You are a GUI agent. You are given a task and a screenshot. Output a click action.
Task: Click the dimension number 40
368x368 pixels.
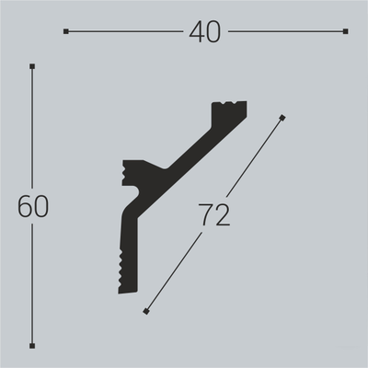point(206,32)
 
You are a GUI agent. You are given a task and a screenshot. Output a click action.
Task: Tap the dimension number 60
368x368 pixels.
point(32,207)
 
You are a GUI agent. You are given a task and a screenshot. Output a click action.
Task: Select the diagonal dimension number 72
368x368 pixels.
point(213,214)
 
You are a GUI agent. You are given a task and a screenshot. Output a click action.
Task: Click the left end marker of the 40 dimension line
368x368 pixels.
point(66,31)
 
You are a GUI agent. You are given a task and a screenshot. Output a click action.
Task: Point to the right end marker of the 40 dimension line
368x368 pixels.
point(345,31)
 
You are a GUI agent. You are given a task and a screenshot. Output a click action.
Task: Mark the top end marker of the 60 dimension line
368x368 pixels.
point(32,66)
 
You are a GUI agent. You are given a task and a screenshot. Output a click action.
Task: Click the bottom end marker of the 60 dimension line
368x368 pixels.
point(32,346)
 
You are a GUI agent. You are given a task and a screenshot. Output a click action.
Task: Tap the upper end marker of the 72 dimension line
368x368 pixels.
point(282,117)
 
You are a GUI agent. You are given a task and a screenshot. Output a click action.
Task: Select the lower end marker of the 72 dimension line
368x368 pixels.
point(146,313)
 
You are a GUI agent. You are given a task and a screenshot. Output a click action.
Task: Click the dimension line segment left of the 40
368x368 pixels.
point(124,31)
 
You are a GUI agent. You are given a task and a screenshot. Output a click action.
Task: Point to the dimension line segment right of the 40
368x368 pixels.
point(285,31)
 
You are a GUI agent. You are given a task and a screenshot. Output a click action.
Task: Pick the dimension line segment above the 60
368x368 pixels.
point(32,129)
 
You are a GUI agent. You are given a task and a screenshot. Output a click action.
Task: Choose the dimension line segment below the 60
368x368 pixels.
point(32,285)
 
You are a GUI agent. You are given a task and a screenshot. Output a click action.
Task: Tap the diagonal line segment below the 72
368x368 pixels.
point(175,271)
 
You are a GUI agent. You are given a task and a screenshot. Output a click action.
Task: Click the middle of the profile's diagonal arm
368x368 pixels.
point(189,147)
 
